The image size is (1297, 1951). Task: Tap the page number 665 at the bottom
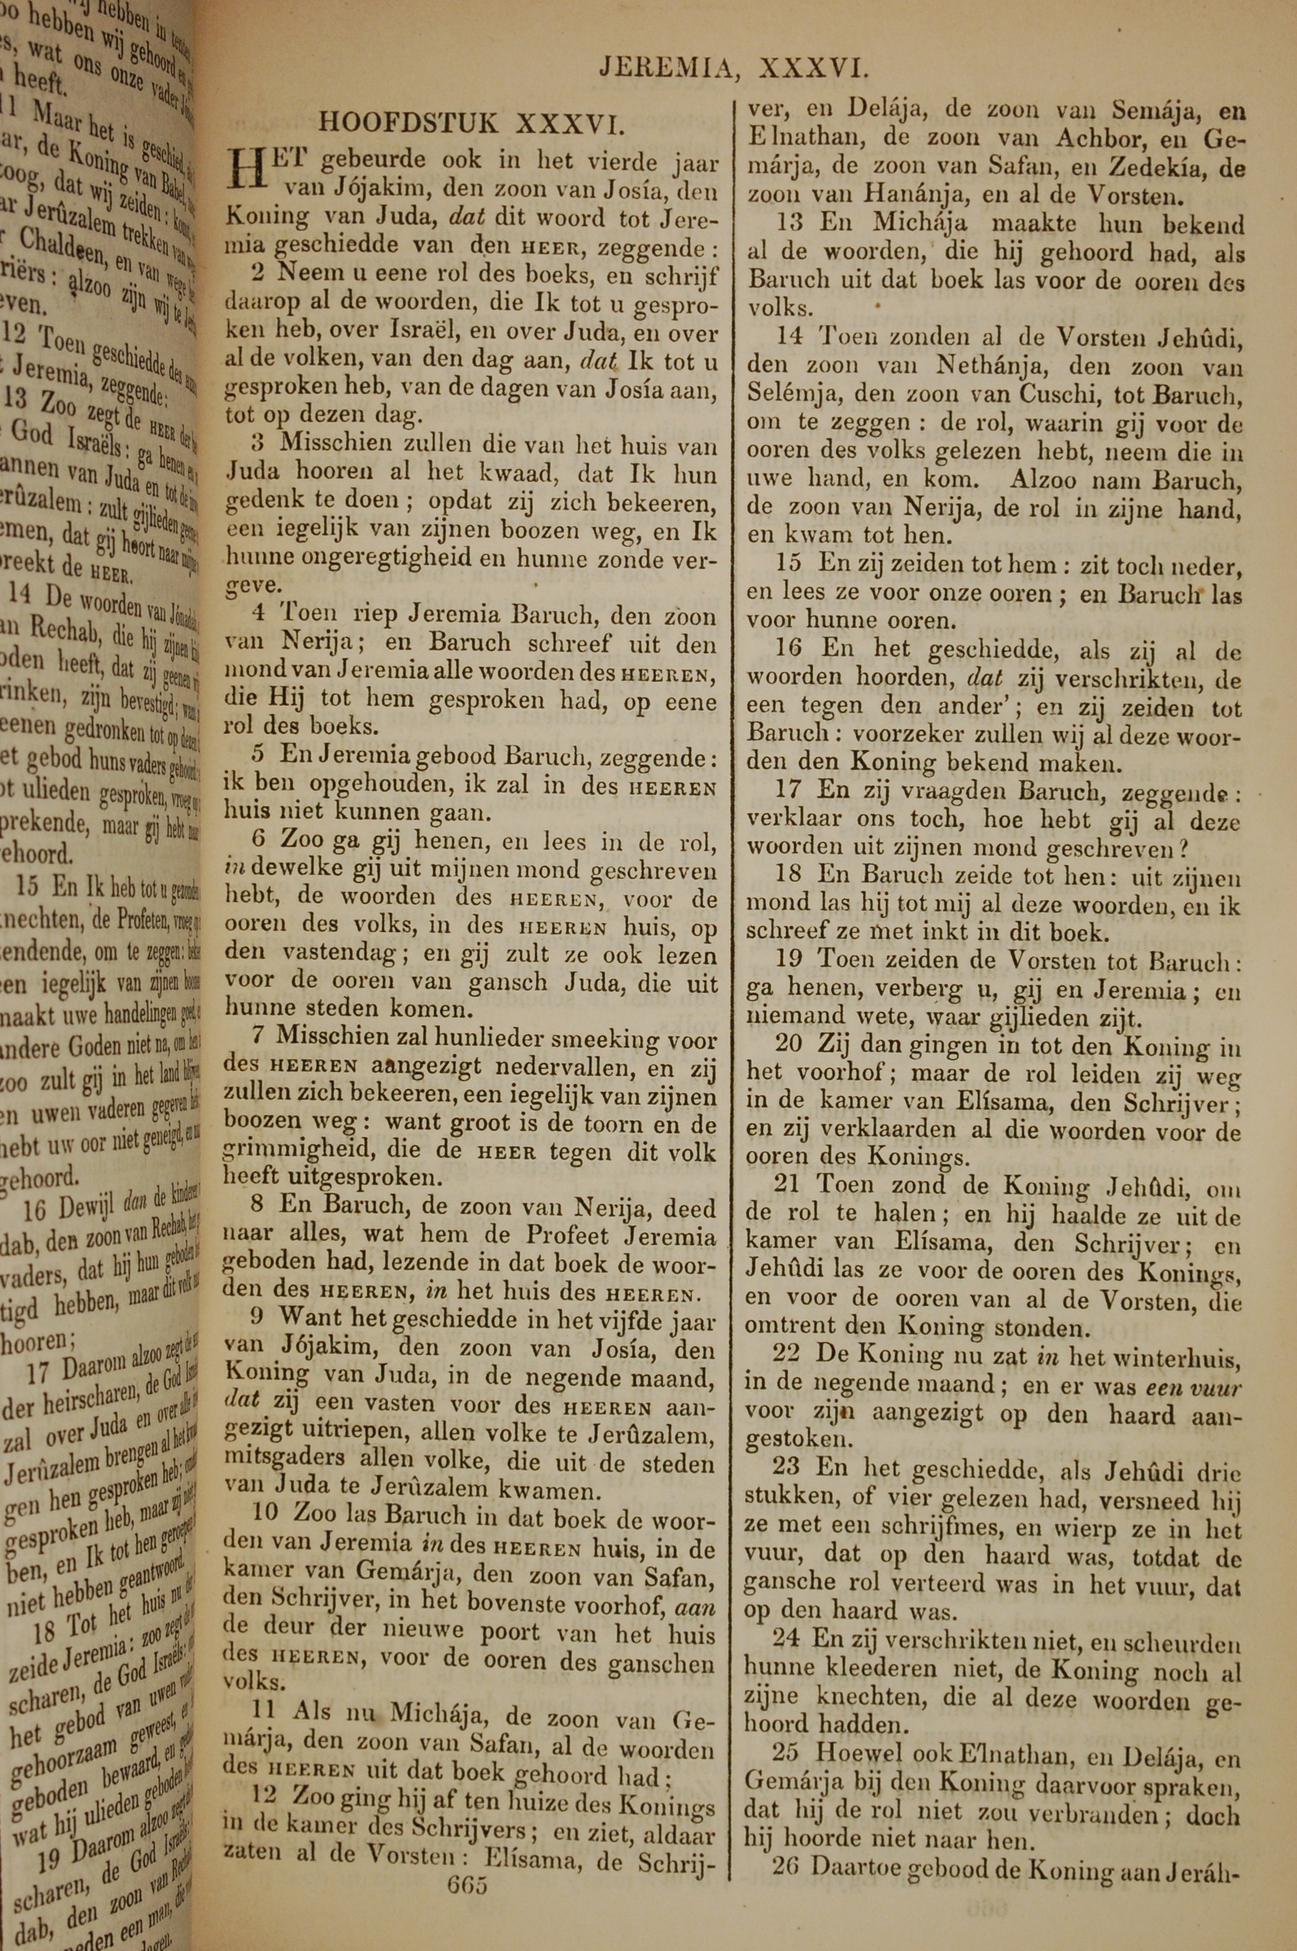[x=466, y=1861]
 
